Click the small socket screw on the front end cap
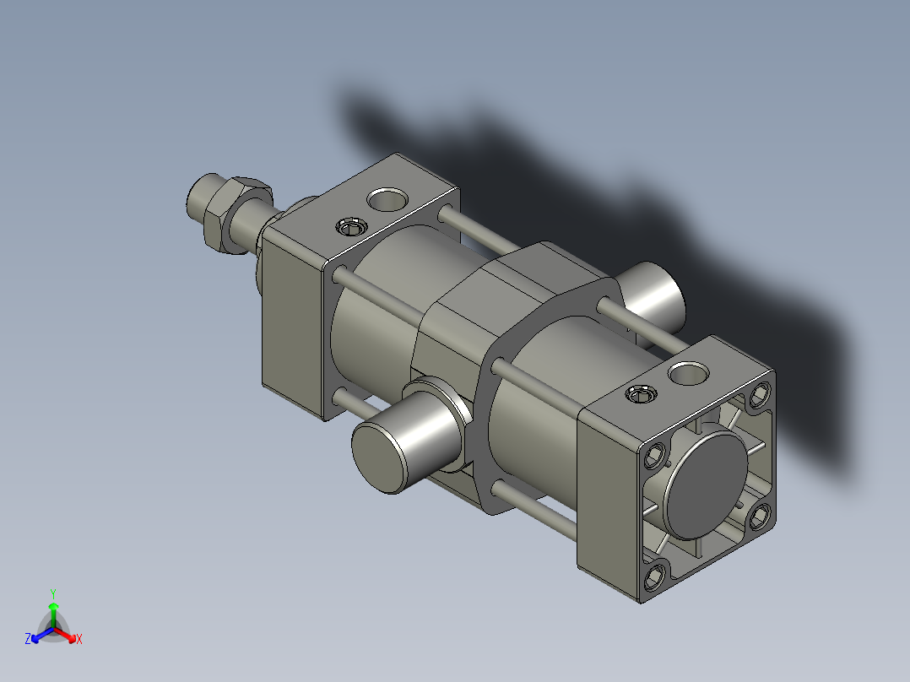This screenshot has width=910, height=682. pyautogui.click(x=350, y=226)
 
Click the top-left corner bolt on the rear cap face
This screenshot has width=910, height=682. pyautogui.click(x=657, y=457)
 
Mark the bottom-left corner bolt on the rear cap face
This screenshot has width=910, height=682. pyautogui.click(x=656, y=577)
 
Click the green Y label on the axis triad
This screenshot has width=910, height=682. pyautogui.click(x=52, y=593)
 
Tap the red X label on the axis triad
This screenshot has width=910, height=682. pyautogui.click(x=79, y=639)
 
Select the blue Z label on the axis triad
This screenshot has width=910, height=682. pyautogui.click(x=28, y=639)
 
